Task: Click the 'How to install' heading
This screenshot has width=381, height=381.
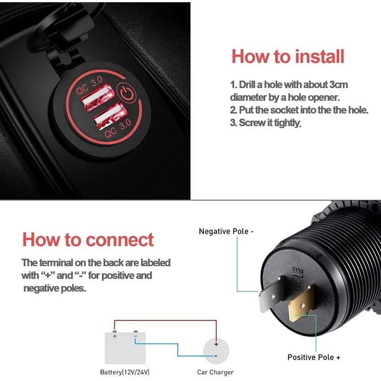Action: click(x=288, y=56)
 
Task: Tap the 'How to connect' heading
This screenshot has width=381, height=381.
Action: click(x=88, y=239)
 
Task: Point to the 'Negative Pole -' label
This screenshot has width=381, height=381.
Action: click(x=226, y=231)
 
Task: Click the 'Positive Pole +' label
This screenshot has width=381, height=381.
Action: click(x=314, y=357)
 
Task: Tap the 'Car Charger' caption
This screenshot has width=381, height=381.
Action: click(x=215, y=372)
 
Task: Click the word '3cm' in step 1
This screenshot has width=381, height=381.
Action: click(x=339, y=85)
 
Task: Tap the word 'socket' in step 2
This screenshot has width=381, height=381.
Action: click(x=284, y=110)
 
